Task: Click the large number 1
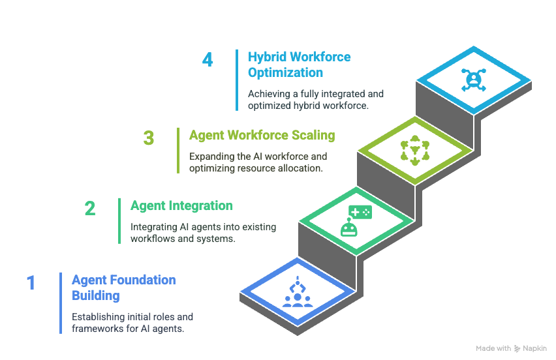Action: pos(31,283)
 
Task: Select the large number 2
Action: pos(89,209)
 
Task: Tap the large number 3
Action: pos(149,138)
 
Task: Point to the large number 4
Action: pos(208,60)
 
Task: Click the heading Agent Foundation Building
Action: pos(123,288)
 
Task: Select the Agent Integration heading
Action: pos(181,206)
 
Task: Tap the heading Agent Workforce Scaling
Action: pos(262,136)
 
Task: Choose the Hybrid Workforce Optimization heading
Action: pos(299,64)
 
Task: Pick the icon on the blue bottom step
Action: pos(298,293)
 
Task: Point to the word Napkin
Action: pos(535,348)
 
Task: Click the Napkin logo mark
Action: pos(517,348)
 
